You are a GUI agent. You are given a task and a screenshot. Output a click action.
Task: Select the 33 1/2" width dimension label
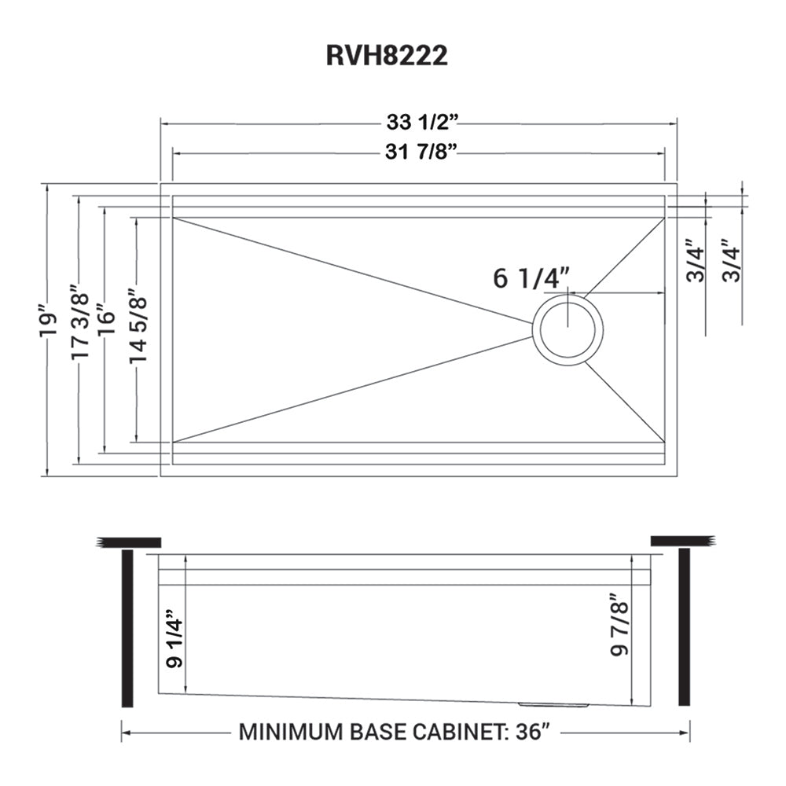point(422,123)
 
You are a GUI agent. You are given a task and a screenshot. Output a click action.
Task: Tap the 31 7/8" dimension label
point(422,153)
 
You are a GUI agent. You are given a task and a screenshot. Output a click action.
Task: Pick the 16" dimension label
point(105,322)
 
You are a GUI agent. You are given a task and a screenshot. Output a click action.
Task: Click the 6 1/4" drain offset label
point(531,277)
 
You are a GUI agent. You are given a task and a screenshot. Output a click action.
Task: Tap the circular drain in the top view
point(567,329)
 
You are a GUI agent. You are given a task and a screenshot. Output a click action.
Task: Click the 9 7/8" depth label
point(620,629)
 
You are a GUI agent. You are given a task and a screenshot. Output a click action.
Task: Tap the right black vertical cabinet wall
point(684,629)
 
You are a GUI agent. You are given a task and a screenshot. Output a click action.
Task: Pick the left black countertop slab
point(130,542)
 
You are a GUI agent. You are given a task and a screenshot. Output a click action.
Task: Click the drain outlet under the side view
point(554,703)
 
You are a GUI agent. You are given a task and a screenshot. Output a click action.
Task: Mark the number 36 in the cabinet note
point(527,733)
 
